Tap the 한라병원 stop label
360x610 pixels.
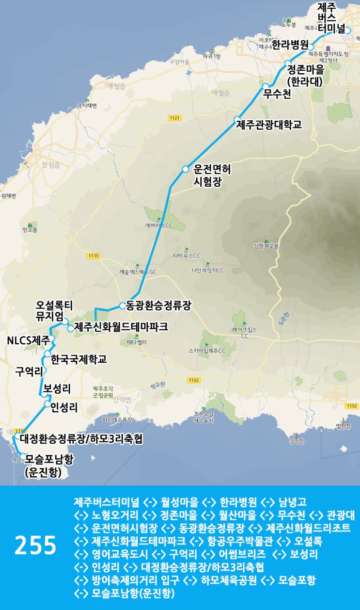coord(290,45)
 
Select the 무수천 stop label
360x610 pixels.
coord(278,94)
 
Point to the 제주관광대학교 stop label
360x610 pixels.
coord(269,125)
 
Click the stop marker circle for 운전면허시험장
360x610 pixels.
coord(185,169)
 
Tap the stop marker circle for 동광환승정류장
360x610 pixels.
coord(123,306)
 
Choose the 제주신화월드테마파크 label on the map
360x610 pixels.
coord(121,327)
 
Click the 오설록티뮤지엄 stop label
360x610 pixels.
coord(54,311)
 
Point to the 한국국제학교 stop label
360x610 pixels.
coord(78,360)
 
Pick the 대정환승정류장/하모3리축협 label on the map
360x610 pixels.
coord(81,439)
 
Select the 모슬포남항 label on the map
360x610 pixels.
coord(49,457)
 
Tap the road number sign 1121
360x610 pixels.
coord(175,118)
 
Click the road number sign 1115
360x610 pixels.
coord(94,256)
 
